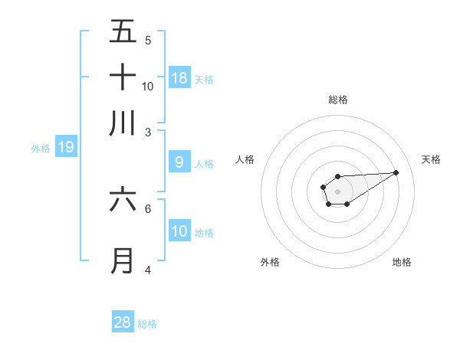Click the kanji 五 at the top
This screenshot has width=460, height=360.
[x=123, y=32]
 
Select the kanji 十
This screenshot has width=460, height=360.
[x=123, y=77]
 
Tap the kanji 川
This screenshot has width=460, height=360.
[x=123, y=123]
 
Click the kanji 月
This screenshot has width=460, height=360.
[x=123, y=261]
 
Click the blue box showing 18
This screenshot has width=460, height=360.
[x=179, y=78]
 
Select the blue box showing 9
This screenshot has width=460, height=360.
[x=179, y=162]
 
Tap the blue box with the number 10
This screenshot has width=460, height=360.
[x=179, y=231]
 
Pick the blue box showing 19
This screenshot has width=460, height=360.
[x=66, y=147]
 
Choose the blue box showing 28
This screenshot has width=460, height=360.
[x=123, y=322]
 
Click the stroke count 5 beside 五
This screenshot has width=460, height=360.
[x=148, y=41]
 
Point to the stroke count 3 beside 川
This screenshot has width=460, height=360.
[x=148, y=132]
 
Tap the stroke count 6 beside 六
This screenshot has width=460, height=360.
[x=148, y=208]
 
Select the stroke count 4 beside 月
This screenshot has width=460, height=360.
[x=148, y=270]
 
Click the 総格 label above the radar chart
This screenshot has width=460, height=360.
[x=338, y=100]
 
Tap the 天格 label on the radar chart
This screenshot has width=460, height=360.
[x=431, y=159]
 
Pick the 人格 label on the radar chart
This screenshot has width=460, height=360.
[x=245, y=159]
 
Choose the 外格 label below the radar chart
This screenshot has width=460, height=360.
[x=270, y=262]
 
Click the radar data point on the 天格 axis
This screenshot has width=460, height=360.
[x=396, y=172]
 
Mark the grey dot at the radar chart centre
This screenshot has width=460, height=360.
[x=337, y=190]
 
